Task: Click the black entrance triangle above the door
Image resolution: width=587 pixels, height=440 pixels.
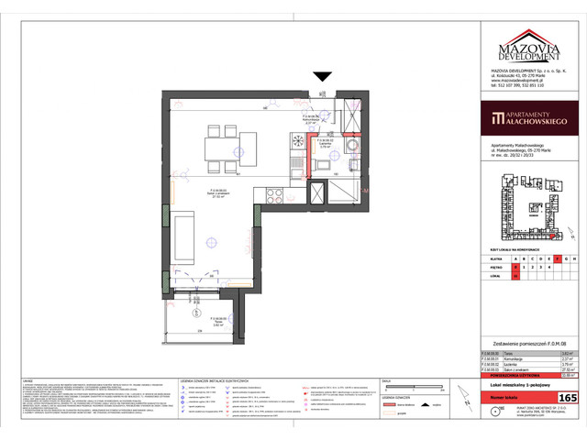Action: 322,78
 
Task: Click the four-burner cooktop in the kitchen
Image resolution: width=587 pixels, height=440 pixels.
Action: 273,193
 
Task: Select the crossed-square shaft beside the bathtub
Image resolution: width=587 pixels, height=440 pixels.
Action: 317,193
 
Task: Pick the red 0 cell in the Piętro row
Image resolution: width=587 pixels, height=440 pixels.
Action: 515,267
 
